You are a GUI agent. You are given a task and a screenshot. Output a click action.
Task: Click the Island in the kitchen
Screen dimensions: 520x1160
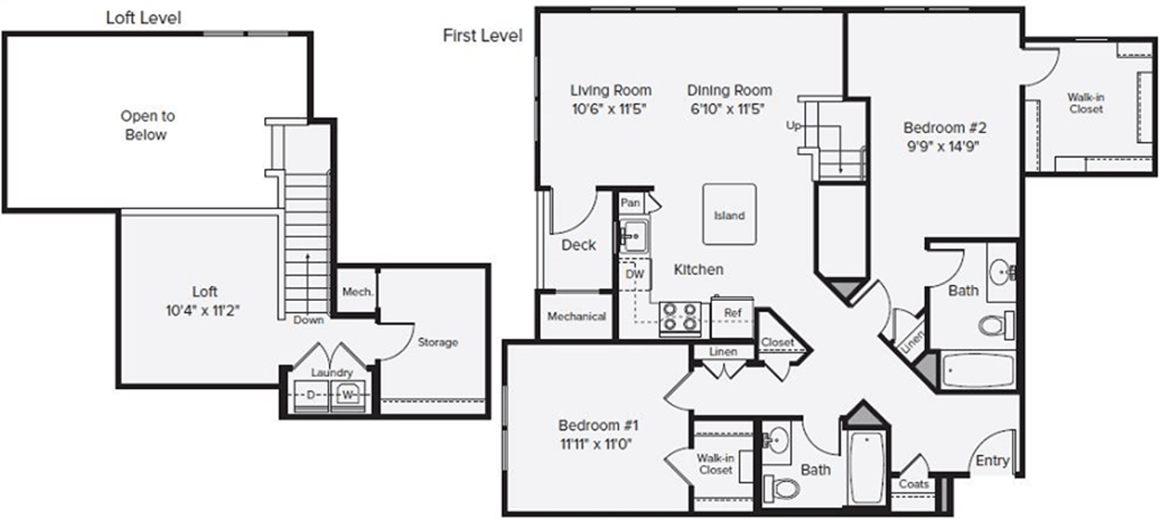point(729,215)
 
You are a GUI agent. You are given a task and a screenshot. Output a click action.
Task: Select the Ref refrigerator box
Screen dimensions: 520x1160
point(732,312)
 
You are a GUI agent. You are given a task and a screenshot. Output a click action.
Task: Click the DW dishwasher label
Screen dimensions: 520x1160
point(633,273)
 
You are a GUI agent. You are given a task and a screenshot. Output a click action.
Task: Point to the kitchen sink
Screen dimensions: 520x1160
point(633,236)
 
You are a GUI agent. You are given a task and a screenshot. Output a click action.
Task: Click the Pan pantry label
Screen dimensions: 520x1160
point(630,203)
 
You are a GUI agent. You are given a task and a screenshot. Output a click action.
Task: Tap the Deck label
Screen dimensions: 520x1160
point(578,245)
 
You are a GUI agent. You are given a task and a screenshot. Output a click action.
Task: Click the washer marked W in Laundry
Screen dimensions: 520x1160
point(348,395)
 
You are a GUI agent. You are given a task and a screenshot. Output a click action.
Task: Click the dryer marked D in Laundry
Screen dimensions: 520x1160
point(311,395)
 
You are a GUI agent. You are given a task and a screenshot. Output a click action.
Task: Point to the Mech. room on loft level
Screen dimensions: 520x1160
point(356,292)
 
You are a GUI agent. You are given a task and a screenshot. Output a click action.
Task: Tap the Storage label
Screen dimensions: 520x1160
point(437,342)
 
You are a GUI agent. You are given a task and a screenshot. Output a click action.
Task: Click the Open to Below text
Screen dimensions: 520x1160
point(147,125)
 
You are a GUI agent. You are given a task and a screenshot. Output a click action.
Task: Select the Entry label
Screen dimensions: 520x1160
point(992,460)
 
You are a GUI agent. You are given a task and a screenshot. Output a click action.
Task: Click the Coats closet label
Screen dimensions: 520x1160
point(913,484)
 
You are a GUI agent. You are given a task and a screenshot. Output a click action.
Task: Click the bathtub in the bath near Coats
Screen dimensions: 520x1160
point(865,467)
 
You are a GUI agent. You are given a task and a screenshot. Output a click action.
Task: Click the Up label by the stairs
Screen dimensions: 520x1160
point(793,126)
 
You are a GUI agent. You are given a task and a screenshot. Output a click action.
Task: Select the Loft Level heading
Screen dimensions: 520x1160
point(143,18)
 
